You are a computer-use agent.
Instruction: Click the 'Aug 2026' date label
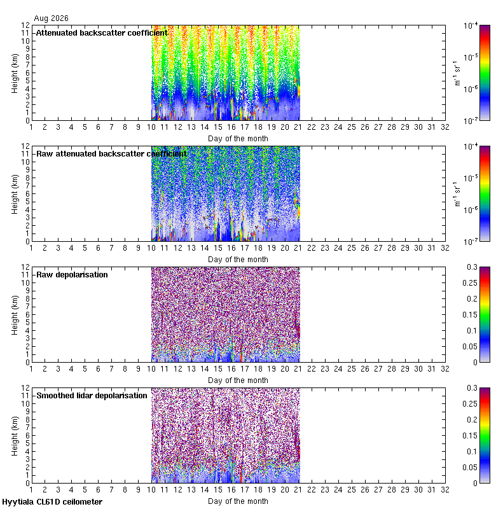52,18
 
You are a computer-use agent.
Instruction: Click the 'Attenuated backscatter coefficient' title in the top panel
102,33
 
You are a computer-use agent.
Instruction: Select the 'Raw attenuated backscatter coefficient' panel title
111,153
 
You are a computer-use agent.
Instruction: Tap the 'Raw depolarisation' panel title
72,275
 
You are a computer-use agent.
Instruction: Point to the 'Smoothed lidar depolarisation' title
92,395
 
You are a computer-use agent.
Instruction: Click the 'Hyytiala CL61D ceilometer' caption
52,502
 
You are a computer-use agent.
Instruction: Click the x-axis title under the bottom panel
238,501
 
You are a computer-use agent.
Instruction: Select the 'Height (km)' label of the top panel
15,73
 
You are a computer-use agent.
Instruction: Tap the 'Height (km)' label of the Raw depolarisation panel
15,315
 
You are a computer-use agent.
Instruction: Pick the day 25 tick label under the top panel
352,127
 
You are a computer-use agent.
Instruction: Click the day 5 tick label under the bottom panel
85,490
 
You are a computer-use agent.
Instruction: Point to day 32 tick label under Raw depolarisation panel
444,369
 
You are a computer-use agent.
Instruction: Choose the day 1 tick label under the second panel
31,248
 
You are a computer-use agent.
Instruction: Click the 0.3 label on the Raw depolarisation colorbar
472,267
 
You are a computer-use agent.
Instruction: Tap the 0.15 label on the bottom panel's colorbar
470,436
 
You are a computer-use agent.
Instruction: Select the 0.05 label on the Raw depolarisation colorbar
470,347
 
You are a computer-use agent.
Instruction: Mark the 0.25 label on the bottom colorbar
470,404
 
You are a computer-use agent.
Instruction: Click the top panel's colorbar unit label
457,73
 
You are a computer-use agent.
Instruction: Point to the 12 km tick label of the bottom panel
25,388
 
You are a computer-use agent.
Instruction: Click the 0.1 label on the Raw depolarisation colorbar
472,331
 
